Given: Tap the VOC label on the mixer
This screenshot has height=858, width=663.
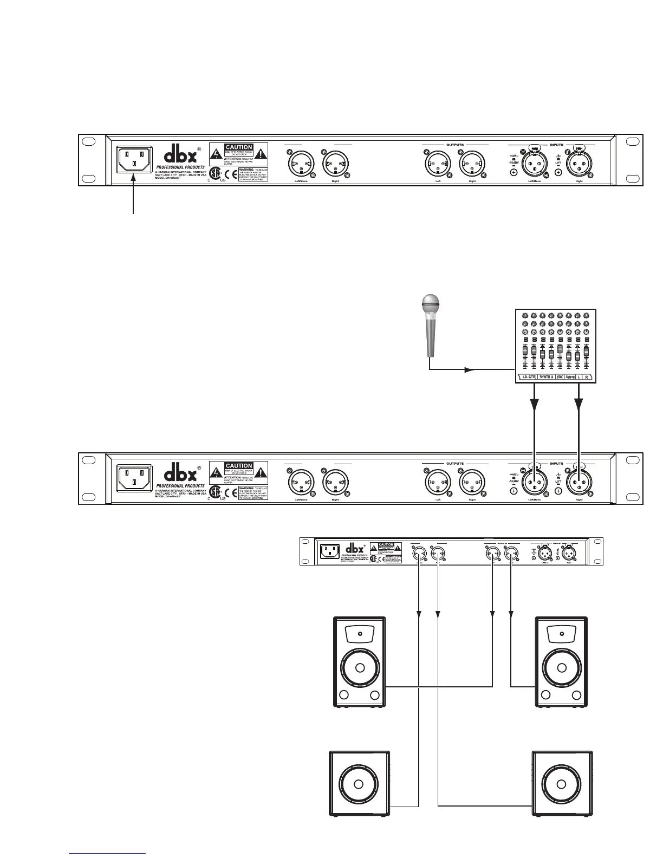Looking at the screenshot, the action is coord(560,377).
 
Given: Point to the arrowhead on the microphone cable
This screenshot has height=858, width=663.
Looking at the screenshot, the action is coord(469,370).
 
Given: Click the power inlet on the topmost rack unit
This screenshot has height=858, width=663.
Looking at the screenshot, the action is coord(133,161).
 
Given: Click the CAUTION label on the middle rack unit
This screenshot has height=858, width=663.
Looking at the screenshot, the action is coord(239,466).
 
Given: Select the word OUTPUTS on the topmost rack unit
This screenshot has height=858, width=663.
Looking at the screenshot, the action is coord(455,145).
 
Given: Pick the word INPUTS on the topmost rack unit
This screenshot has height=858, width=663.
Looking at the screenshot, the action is coord(556,145).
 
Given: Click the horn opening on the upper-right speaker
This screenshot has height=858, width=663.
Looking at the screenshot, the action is coord(561,633).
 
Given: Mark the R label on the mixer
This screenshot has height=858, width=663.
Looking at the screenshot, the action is coord(587,377).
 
